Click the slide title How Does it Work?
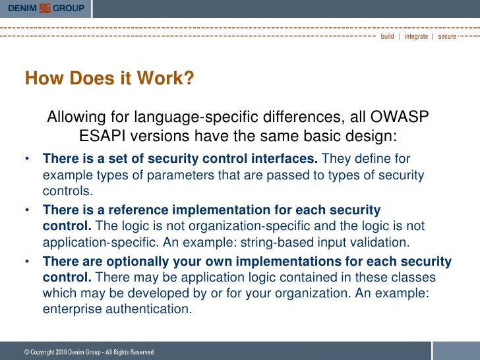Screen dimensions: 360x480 click(x=109, y=79)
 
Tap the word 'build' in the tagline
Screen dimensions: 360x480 click(x=387, y=36)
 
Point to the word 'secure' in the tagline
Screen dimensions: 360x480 click(x=447, y=36)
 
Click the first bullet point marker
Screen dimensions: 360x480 click(x=27, y=160)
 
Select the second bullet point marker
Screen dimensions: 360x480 click(x=27, y=211)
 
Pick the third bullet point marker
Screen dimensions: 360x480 click(x=27, y=262)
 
